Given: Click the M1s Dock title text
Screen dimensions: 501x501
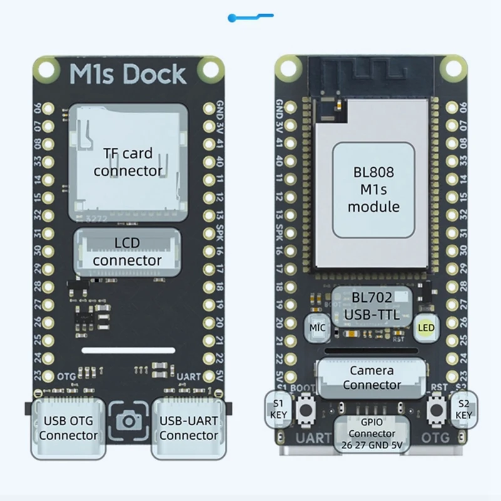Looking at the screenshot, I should point(128,74).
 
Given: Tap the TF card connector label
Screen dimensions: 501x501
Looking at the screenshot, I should point(128,162).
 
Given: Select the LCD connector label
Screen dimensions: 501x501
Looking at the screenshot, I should point(127,251).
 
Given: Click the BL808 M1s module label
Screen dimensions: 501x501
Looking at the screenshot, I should point(373,190).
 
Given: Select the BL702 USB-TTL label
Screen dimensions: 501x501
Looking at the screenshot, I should point(372,306).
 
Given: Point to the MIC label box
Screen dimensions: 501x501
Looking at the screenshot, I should point(317,327).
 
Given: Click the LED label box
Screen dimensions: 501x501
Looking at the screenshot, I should point(426,328).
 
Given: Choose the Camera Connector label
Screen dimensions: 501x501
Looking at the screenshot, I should point(372,377).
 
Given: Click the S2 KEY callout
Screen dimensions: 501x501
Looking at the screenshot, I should point(463,409).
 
